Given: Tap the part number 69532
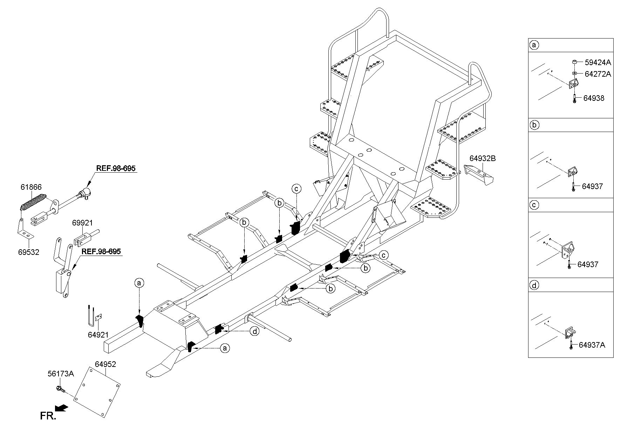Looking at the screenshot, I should [28, 252].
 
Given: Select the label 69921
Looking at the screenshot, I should [83, 223].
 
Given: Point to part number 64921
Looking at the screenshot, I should [98, 335].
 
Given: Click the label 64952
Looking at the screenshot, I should [105, 364].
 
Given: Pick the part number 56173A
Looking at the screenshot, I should [61, 374].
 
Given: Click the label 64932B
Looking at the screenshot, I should [483, 158].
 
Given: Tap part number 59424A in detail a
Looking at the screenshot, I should [598, 63].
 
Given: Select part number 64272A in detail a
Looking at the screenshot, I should [598, 74].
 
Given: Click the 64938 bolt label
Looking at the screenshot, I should [594, 98].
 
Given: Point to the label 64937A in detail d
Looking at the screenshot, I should [592, 345].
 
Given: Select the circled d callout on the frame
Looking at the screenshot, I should [254, 331].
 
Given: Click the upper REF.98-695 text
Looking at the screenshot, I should [116, 168].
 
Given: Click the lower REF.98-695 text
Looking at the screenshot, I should [101, 251].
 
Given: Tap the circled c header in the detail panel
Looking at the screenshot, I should [534, 205].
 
